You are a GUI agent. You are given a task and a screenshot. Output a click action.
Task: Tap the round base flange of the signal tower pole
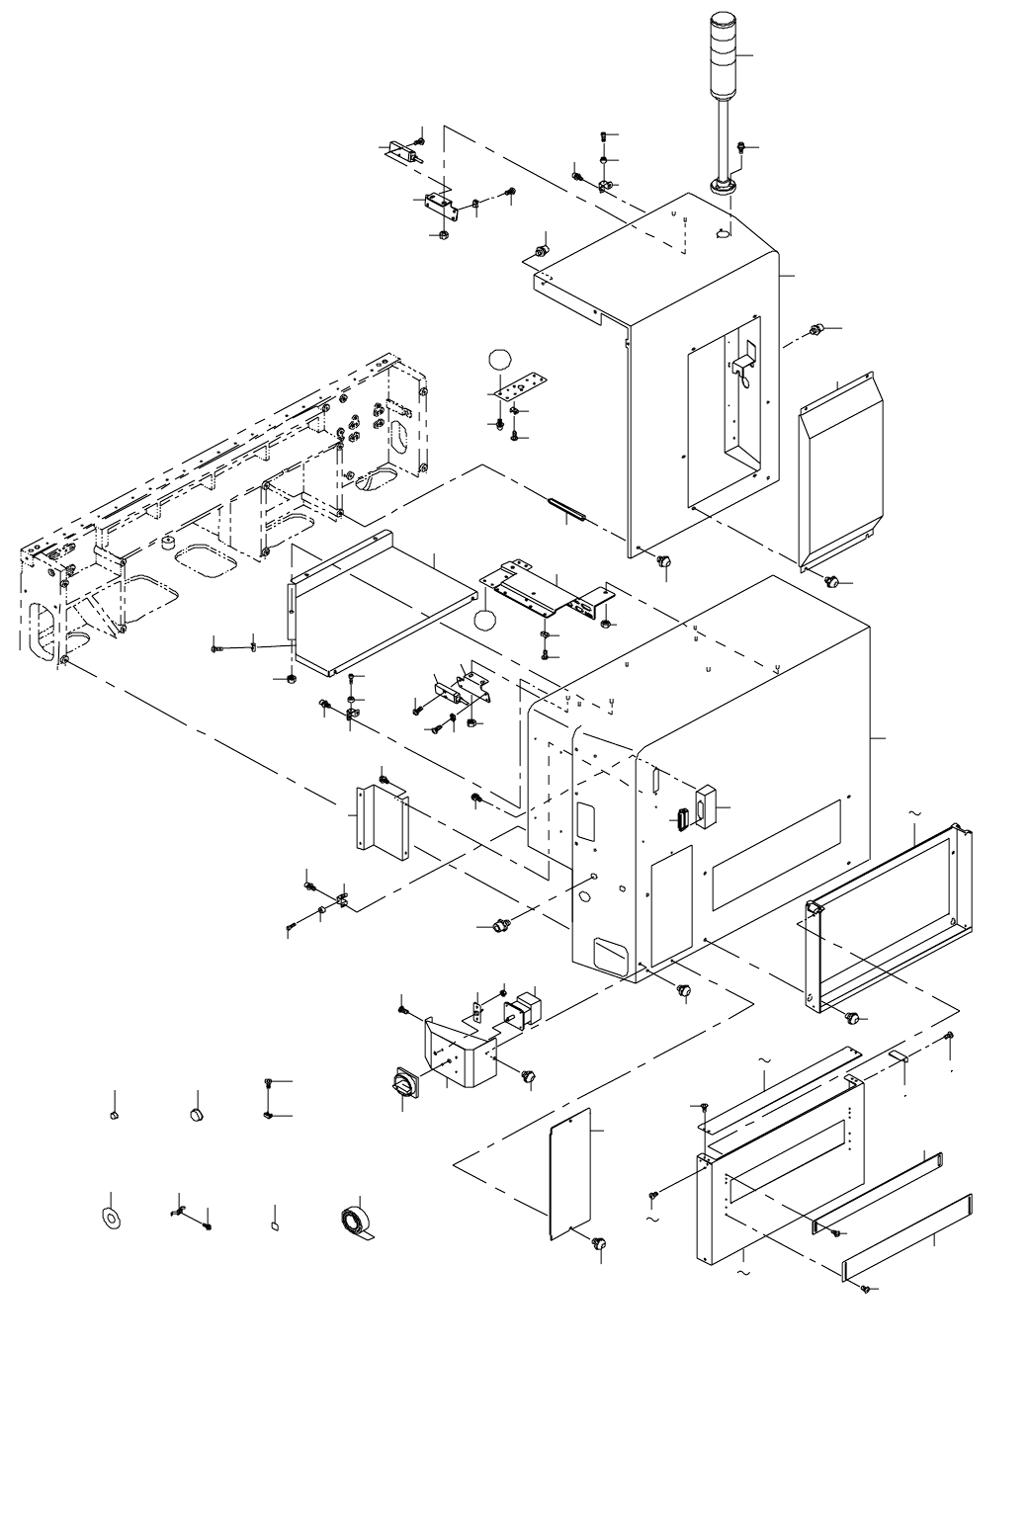[x=723, y=187]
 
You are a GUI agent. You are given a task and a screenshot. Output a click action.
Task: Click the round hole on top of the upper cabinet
[x=722, y=234]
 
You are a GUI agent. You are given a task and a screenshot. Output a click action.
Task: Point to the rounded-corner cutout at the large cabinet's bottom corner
[x=609, y=953]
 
